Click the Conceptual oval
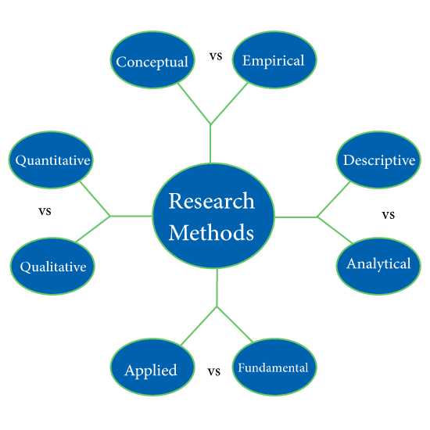pos(152,59)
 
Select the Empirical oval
pos(274,59)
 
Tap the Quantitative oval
pos(51,159)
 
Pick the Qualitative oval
pos(52,267)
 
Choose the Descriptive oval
pos(378,159)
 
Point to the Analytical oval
pos(378,267)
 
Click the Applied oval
pos(152,367)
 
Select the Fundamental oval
pos(274,367)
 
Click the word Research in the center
pos(211,201)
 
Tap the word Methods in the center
pos(211,232)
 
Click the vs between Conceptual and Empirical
pos(216,56)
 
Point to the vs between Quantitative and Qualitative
pos(45,211)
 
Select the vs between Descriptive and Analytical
pos(389,215)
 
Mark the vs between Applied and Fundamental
pos(214,371)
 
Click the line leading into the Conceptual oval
pos(194,103)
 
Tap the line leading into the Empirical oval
pos(229,103)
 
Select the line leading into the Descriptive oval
pos(334,199)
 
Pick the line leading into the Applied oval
pos(199,326)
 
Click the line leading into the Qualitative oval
pos(93,229)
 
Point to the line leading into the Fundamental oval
pos(235,324)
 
